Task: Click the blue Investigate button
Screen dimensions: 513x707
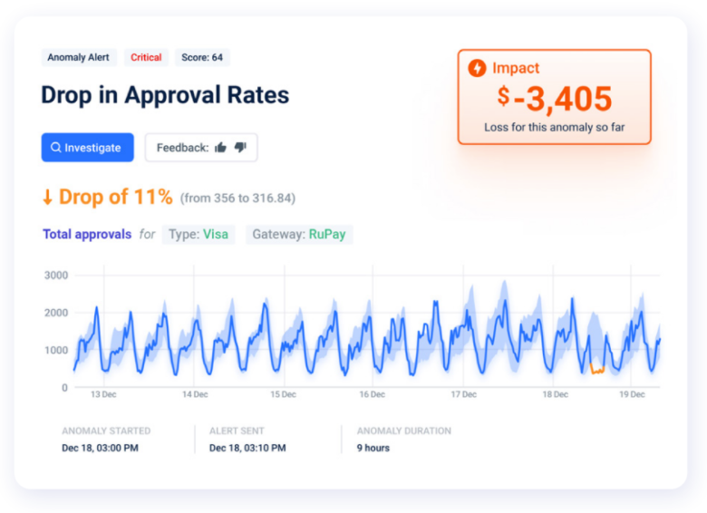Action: [x=87, y=148]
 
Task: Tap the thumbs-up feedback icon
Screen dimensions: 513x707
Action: [x=220, y=148]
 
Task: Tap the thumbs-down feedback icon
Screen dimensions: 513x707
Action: [x=240, y=148]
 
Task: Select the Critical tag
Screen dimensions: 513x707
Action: [x=146, y=57]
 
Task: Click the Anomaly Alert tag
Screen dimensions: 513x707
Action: [x=78, y=57]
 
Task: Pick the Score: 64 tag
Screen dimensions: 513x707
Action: [x=202, y=57]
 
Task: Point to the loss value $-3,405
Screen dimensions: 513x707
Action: [x=554, y=99]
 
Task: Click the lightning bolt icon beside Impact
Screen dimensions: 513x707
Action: [x=477, y=68]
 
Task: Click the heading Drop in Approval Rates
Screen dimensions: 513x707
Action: [x=165, y=95]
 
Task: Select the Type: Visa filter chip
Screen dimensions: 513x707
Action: [x=199, y=235]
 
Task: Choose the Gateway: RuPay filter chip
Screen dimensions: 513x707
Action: [x=299, y=235]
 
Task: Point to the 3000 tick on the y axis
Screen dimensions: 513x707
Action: [x=56, y=275]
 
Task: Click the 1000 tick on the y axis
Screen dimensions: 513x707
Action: [x=56, y=350]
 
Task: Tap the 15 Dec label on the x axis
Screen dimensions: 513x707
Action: [x=283, y=394]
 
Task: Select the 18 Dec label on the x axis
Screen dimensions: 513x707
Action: [x=555, y=394]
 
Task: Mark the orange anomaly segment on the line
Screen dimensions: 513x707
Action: [x=596, y=369]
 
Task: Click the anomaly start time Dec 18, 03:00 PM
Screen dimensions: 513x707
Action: [x=100, y=448]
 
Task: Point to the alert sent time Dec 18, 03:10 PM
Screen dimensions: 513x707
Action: [x=247, y=448]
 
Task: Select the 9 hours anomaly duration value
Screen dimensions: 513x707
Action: [x=373, y=448]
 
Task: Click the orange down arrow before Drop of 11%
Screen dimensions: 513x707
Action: [x=47, y=197]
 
